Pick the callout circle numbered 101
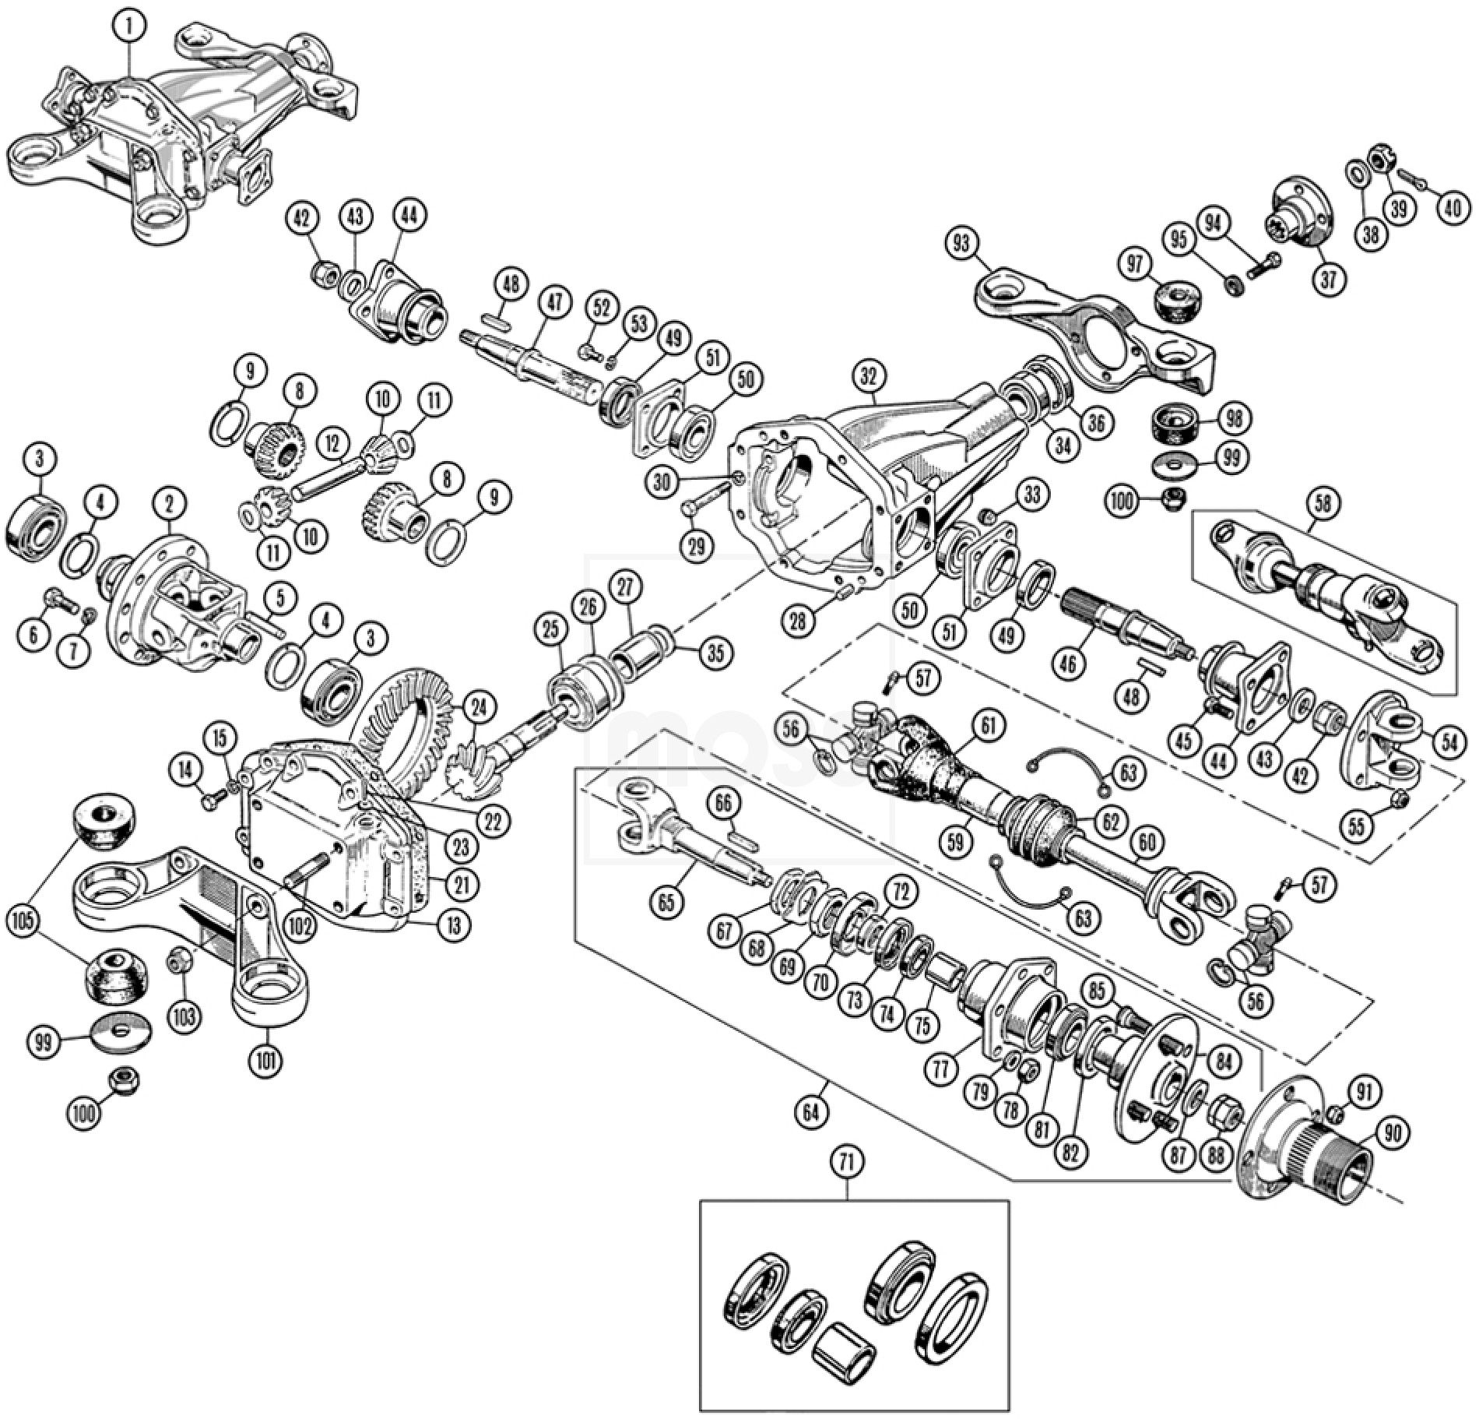click(265, 1059)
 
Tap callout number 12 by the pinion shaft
click(332, 445)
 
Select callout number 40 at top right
click(1449, 210)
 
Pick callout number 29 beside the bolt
click(696, 547)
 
